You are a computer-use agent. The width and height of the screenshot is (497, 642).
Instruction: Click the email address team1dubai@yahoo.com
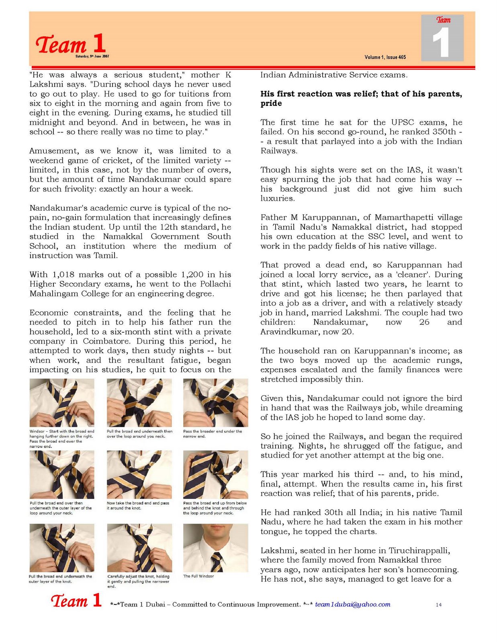tap(352, 604)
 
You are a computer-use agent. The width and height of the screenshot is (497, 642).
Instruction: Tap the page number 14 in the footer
tap(438, 605)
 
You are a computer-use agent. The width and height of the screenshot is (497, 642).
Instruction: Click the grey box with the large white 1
tap(442, 38)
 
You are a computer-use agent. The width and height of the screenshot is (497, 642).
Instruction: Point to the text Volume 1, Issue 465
tap(385, 57)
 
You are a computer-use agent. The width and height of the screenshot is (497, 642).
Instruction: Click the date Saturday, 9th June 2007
tap(92, 56)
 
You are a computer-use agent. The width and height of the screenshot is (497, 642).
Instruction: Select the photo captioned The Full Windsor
tap(215, 548)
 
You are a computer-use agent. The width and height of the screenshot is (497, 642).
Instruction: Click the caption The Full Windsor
tap(198, 576)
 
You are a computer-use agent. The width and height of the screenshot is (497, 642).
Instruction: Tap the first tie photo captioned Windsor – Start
tap(62, 402)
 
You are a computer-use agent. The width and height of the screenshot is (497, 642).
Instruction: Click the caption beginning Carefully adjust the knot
tap(138, 581)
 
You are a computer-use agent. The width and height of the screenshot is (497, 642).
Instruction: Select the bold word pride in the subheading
tap(271, 103)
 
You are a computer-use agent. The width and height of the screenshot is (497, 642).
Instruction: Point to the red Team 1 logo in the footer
tap(76, 601)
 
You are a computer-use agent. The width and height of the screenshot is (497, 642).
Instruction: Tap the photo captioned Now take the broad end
tap(139, 474)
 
